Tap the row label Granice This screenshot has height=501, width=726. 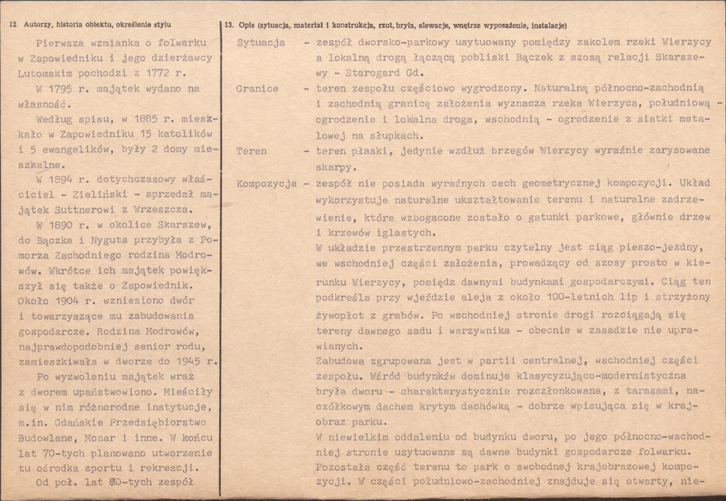coord(258,88)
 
